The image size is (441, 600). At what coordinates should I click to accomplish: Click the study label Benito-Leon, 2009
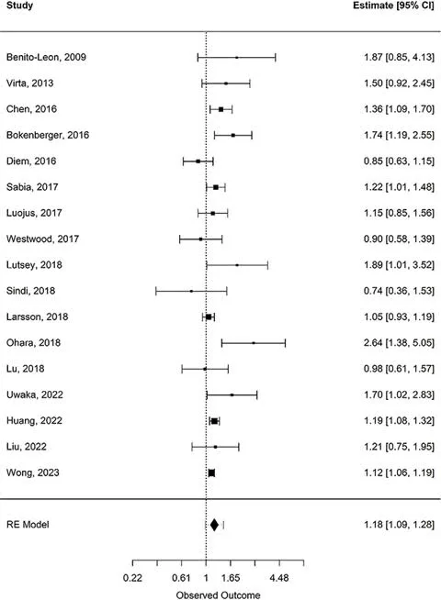click(46, 58)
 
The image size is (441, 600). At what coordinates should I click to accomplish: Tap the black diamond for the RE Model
click(214, 525)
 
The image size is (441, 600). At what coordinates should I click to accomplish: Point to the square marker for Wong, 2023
click(211, 473)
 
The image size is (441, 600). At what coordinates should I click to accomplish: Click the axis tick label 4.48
click(279, 578)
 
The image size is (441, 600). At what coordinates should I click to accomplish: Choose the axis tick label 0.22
click(132, 578)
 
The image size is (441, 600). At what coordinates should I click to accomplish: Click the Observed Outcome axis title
click(218, 595)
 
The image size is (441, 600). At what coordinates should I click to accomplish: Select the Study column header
click(19, 6)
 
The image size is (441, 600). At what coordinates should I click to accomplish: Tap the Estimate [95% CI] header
click(393, 6)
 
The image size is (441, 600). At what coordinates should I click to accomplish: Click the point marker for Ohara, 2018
click(254, 343)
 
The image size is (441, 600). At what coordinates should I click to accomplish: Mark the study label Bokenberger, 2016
click(48, 135)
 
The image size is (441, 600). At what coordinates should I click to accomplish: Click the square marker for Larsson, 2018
click(209, 317)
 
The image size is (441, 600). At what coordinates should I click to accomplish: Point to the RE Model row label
click(28, 525)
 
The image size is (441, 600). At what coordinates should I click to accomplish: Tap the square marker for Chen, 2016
click(221, 109)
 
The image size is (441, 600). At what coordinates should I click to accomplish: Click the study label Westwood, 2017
click(42, 239)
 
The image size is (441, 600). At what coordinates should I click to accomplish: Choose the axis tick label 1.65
click(231, 578)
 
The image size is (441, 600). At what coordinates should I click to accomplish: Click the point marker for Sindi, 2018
click(191, 291)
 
